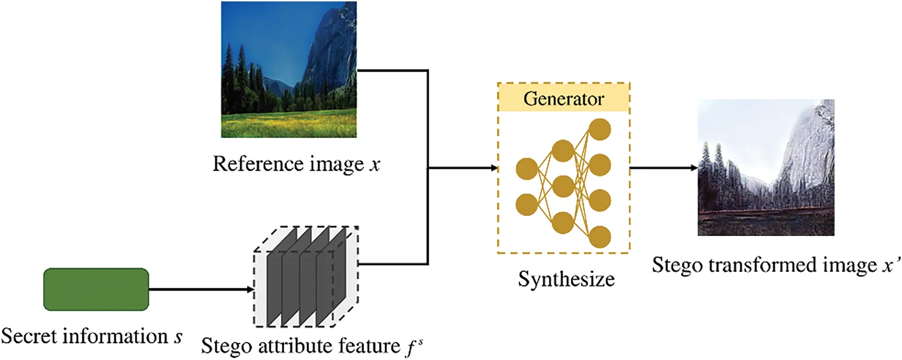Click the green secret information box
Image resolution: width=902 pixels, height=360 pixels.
tap(96, 289)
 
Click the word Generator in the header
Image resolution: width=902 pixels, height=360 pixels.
tap(563, 99)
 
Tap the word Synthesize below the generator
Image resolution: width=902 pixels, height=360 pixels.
tap(566, 279)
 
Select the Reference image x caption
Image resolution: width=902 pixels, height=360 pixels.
tap(296, 164)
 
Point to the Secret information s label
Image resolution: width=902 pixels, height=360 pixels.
tap(91, 336)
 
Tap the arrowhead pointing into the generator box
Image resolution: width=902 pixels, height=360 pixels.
tap(494, 168)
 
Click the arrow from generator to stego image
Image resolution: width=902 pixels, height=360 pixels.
tap(663, 168)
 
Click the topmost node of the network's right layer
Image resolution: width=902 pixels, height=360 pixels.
tap(600, 129)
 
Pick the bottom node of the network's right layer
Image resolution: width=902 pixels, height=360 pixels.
tap(600, 237)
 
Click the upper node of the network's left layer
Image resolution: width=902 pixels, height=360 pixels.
tap(526, 169)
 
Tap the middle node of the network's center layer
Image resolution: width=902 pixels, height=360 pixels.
tap(563, 186)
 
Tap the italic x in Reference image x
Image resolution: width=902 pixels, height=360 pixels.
tap(375, 165)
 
